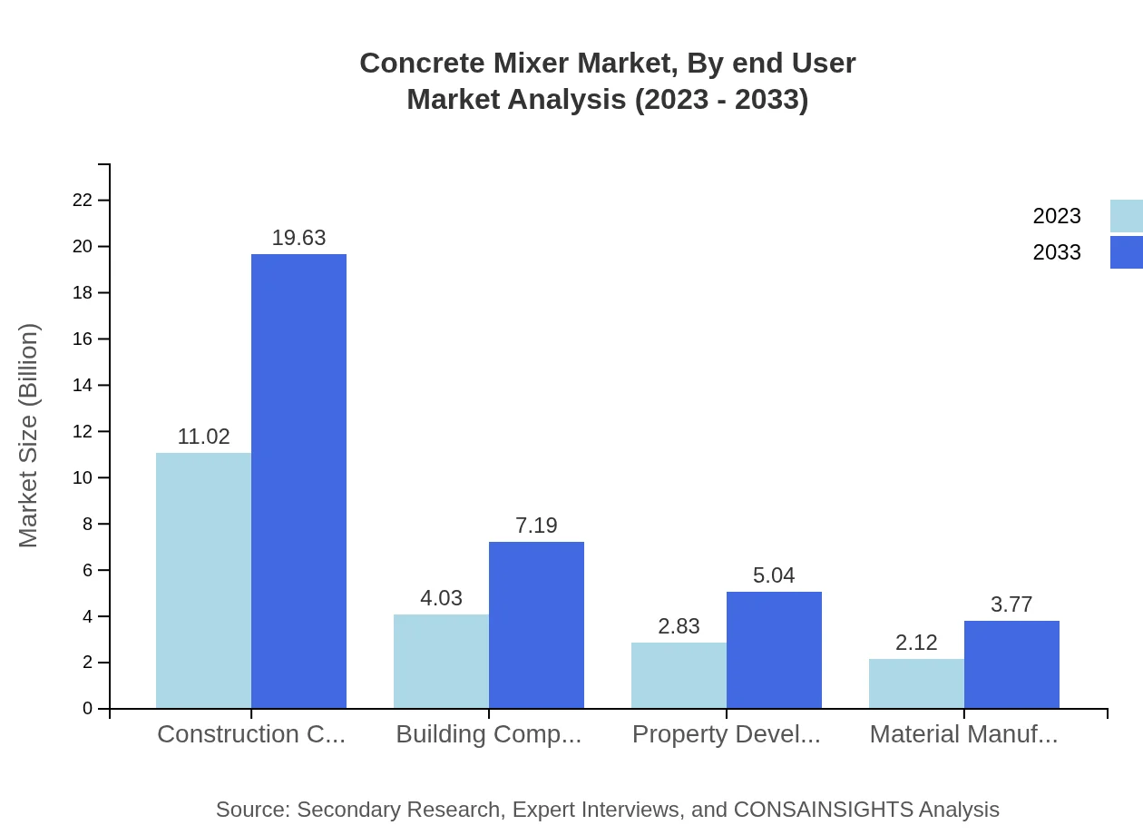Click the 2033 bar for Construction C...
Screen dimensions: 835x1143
298,481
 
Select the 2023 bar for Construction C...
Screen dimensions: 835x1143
203,581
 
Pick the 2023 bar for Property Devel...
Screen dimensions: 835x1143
679,675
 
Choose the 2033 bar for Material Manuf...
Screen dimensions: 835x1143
1011,664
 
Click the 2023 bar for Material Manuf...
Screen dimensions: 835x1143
916,683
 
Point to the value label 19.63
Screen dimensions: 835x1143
298,238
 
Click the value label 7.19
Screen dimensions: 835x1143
536,526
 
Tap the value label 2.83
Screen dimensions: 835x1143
679,626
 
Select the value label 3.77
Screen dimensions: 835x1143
1011,604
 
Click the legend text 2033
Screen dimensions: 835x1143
1057,252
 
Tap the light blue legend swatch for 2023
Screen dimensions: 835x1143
1127,216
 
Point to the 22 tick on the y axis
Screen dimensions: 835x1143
83,200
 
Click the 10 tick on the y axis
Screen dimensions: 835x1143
83,477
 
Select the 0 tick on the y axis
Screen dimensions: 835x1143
88,708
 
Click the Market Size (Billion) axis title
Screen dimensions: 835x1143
29,436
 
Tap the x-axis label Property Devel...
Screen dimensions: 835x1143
726,734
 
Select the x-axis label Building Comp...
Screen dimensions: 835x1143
488,734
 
